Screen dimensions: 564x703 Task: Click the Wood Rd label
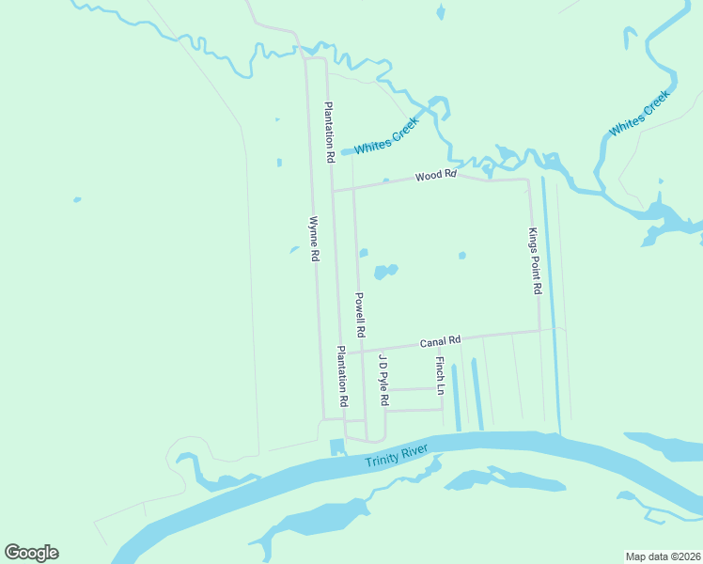coord(436,175)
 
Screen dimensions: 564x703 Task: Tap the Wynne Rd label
coord(315,240)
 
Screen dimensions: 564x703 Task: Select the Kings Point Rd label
coord(534,262)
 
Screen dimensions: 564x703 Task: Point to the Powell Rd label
coord(360,315)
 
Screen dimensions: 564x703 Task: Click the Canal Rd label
coord(440,340)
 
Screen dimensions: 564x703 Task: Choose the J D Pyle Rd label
coord(383,380)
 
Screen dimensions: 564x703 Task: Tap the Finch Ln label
coord(439,375)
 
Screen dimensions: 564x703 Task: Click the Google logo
coord(31,553)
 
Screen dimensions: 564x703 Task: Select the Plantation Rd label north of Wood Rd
coord(329,133)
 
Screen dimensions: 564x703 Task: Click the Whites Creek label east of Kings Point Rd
coord(639,114)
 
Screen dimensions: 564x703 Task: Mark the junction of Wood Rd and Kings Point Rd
coord(527,179)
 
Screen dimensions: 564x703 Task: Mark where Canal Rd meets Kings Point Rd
coord(539,331)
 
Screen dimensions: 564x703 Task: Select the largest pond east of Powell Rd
coord(385,272)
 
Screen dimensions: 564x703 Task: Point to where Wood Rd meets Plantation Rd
coord(332,190)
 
